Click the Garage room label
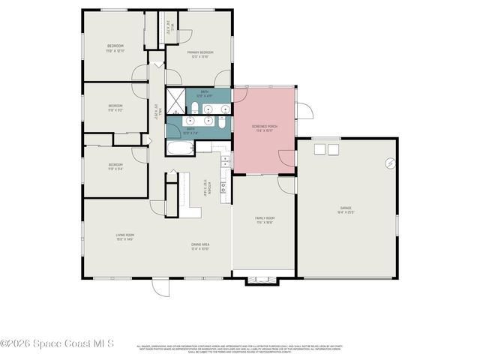point(346,208)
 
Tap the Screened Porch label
point(264,126)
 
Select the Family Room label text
point(264,217)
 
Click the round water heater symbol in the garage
point(390,163)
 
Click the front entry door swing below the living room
point(161,287)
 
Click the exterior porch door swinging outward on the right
point(304,111)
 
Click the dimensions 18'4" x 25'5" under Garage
point(346,212)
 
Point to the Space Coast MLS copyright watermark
point(57,343)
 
